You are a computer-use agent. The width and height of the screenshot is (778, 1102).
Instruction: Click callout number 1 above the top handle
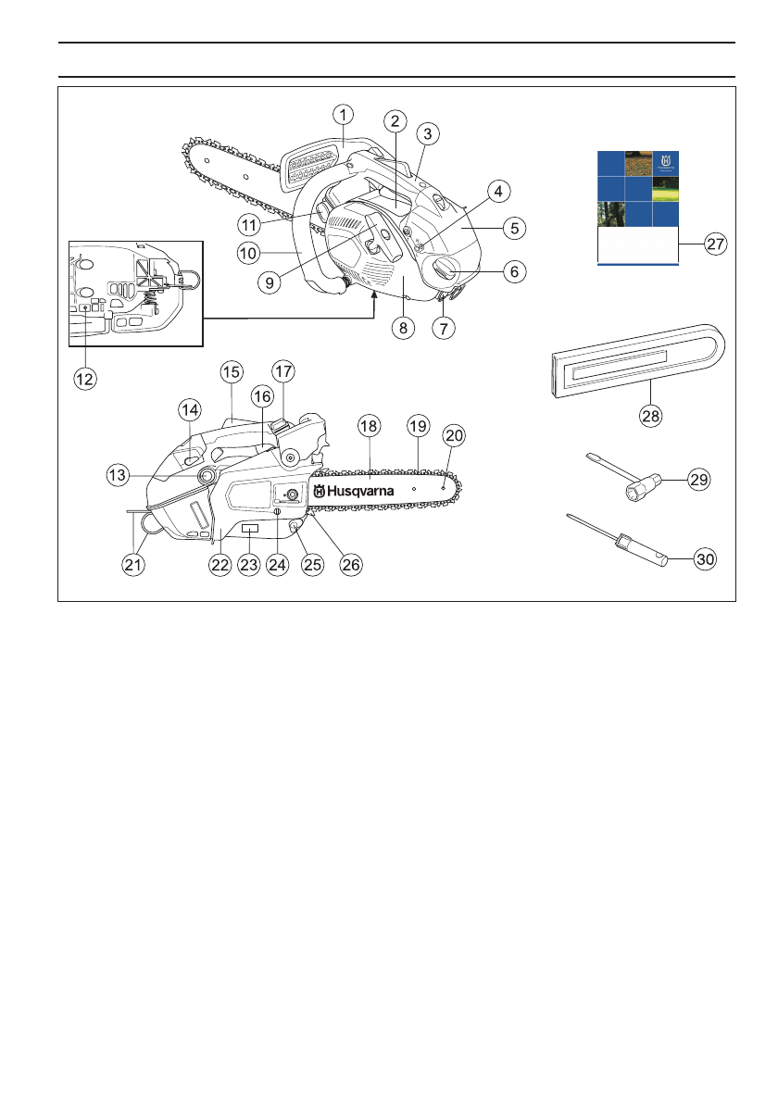[344, 115]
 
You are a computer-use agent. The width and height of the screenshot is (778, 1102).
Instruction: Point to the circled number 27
[714, 244]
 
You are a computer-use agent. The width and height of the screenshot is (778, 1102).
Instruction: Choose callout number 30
[706, 558]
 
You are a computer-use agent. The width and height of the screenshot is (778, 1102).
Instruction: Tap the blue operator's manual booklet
[638, 207]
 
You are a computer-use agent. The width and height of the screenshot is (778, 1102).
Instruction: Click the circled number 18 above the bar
[369, 426]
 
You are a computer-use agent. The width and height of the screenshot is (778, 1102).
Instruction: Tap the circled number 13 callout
[118, 474]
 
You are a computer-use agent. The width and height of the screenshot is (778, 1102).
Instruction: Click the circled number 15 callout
[231, 372]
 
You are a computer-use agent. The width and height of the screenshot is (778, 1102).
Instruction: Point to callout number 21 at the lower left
[136, 567]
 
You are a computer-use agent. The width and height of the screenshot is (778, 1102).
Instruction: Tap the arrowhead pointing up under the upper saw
[374, 294]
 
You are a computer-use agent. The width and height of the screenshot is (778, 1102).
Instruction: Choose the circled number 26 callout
[349, 567]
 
